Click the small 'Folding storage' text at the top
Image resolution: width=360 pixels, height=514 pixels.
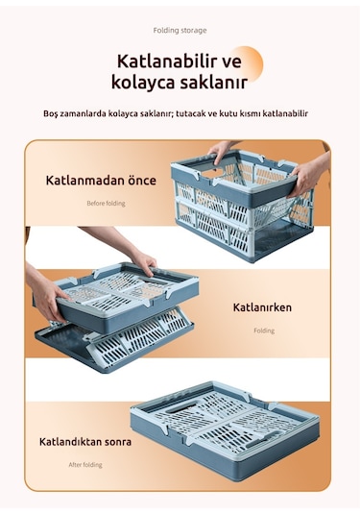click(x=180, y=31)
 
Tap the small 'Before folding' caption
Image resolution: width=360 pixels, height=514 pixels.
click(x=106, y=204)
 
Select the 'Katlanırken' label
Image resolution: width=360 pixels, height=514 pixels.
click(x=262, y=308)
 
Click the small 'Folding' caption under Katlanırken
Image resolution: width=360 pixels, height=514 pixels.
click(x=264, y=330)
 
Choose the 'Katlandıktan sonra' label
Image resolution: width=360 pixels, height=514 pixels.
click(x=85, y=442)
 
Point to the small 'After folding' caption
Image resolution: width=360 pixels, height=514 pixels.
click(x=85, y=465)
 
